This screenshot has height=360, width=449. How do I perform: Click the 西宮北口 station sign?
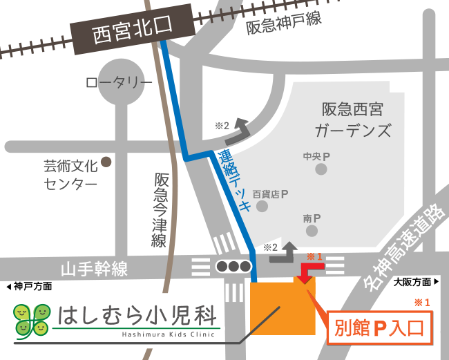(132, 32)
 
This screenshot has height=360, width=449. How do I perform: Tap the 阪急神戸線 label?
(284, 23)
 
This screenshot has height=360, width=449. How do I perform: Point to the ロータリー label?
(119, 83)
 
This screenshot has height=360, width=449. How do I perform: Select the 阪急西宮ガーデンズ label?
(352, 119)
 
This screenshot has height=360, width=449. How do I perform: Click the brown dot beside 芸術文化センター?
(106, 162)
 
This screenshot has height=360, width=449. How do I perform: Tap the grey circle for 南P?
(312, 230)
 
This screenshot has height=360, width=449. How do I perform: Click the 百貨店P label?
(269, 195)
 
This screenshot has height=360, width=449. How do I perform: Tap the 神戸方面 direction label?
(28, 286)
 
